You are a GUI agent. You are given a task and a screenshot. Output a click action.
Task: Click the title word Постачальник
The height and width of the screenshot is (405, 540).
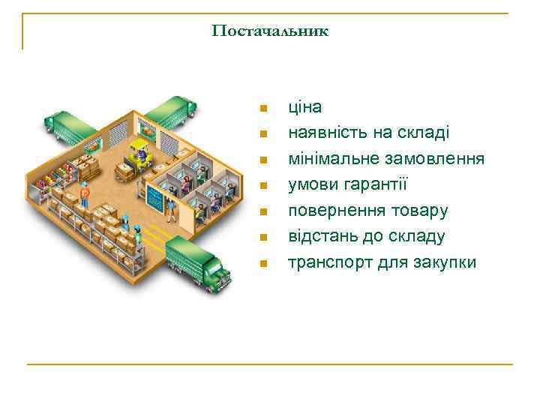click(270, 31)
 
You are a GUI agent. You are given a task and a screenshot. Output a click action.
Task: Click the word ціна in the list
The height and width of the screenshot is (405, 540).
click(305, 107)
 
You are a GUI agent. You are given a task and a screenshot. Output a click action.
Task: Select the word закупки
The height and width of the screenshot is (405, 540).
click(445, 263)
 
